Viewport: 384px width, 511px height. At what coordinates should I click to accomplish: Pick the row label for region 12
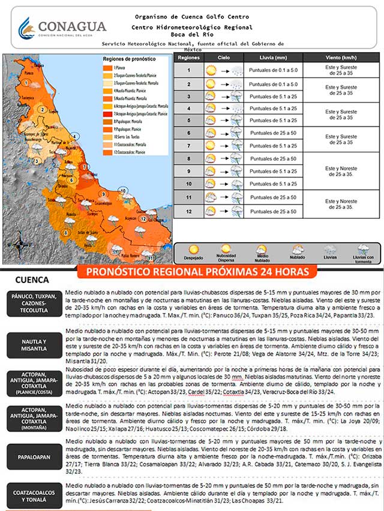coord(188,212)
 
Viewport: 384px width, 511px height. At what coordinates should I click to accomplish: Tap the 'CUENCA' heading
coord(31,280)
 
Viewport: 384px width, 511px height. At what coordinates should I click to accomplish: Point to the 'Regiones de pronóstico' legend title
coord(128,59)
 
